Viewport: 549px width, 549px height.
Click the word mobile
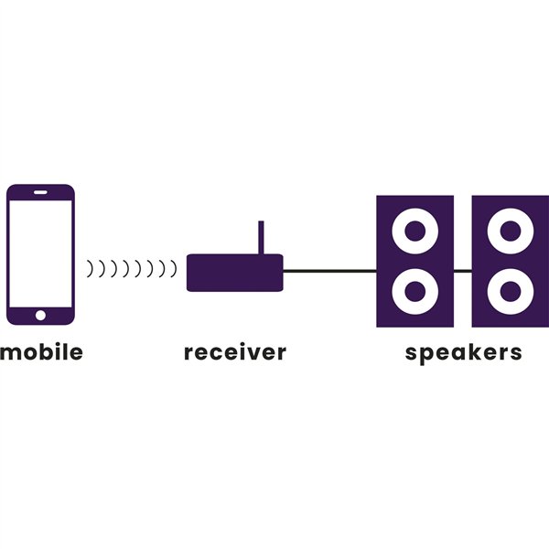coord(41,351)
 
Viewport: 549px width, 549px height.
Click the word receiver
coord(235,351)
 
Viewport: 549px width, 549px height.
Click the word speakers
coord(463,351)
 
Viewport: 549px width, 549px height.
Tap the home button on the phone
coord(40,316)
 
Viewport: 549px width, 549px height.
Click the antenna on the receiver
coord(261,236)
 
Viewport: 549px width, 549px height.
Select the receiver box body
coord(235,273)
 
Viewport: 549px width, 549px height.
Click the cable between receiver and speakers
coord(329,271)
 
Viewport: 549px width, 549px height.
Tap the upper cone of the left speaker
coord(414,229)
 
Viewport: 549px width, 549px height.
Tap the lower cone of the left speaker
coord(414,292)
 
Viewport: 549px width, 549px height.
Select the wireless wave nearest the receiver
coord(173,269)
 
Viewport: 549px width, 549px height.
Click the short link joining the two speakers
coord(462,271)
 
